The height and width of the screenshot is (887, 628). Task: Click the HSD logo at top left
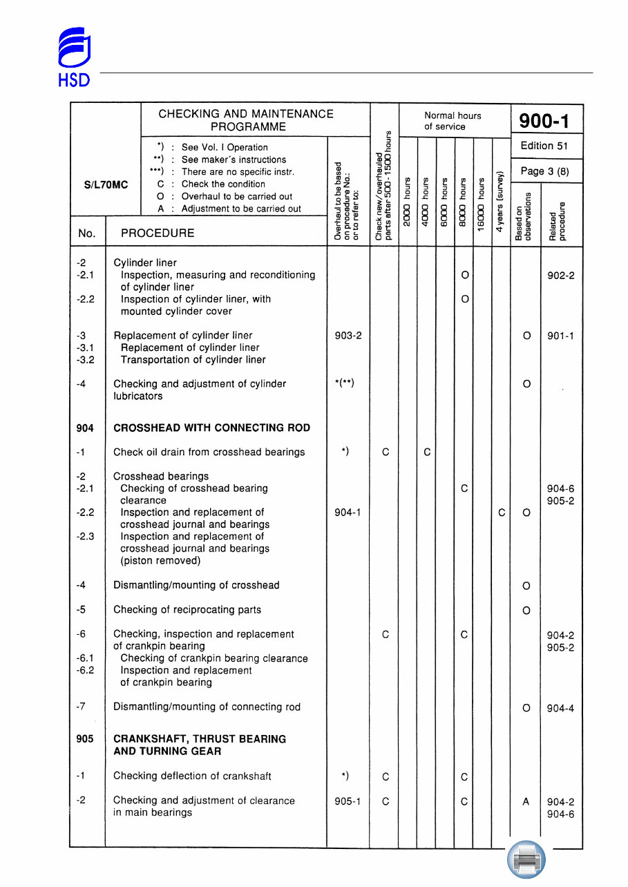pos(73,57)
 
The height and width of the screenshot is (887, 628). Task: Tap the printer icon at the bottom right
pos(526,861)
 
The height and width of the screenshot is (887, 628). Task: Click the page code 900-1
pos(544,122)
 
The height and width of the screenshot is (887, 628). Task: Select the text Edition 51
pos(544,146)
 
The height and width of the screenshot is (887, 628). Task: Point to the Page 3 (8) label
pos(544,171)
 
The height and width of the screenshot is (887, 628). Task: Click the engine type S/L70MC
pos(106,185)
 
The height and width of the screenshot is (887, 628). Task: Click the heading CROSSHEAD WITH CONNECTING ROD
pos(211,428)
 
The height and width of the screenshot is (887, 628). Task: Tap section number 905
pos(85,739)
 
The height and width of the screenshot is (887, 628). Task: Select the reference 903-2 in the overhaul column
pos(348,336)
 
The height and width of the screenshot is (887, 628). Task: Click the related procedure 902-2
pos(560,276)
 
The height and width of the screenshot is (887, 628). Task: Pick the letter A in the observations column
pos(526,802)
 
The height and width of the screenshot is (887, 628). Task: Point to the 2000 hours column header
pos(408,208)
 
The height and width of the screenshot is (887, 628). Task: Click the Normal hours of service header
pos(453,121)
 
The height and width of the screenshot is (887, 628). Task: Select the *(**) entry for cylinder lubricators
pos(344,384)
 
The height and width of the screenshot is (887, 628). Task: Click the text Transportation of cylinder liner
pos(193,360)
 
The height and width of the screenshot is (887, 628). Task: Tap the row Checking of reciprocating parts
pos(187,610)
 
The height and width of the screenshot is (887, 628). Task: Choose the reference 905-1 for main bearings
pos(348,801)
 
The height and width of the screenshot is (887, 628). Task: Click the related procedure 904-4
pos(560,708)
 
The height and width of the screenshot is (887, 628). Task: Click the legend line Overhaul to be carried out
pos(236,196)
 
